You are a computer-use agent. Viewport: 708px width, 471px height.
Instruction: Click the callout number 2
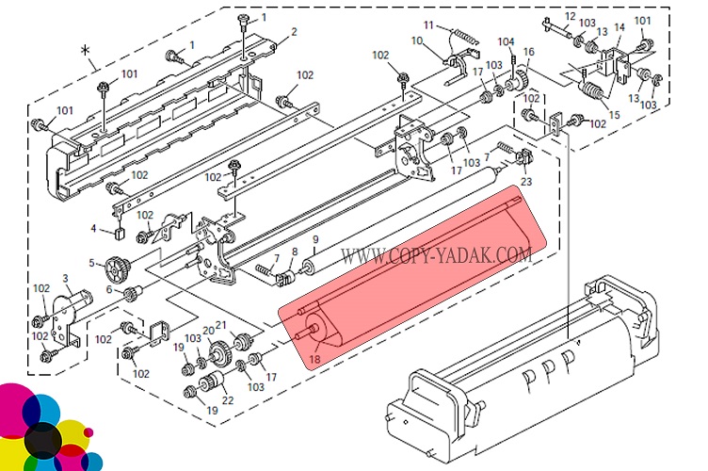(294, 32)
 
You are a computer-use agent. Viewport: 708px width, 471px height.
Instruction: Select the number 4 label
(93, 228)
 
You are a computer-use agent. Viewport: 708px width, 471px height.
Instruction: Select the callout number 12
(570, 16)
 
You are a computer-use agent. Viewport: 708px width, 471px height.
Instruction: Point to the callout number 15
(616, 115)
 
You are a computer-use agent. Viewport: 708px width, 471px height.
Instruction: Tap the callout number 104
(506, 41)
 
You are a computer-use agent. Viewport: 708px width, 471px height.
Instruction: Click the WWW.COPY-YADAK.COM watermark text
(436, 254)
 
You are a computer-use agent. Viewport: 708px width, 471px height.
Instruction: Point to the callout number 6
(109, 290)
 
